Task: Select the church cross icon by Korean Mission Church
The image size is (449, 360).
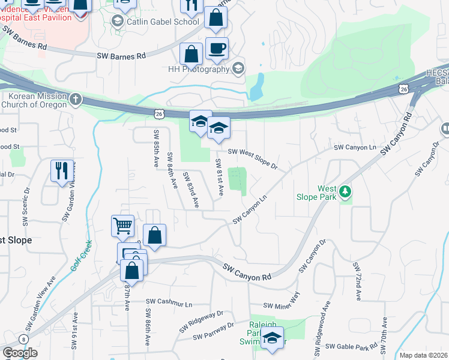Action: point(75,100)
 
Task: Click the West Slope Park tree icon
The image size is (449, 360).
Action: point(345,192)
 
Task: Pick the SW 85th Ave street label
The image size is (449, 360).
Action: point(156,148)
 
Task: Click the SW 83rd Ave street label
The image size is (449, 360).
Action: point(191,190)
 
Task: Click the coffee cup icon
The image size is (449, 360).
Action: point(217,48)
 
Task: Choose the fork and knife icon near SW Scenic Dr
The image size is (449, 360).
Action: point(62,172)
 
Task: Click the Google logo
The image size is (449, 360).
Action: point(20,353)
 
